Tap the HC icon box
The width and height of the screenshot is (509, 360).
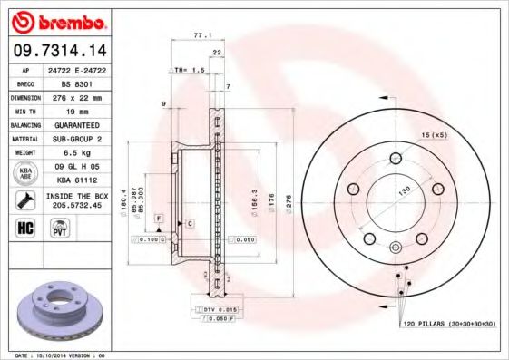click(24, 227)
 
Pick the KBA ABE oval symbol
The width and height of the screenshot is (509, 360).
click(26, 172)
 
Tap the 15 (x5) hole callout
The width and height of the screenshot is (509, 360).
click(434, 135)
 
